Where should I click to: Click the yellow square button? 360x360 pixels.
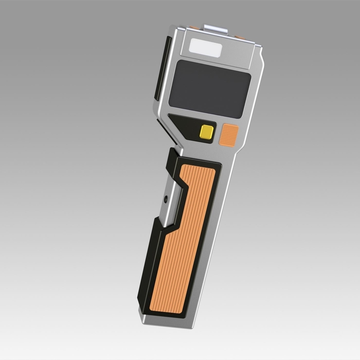[x=207, y=132]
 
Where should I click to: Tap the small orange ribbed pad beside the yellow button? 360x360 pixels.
[x=229, y=135]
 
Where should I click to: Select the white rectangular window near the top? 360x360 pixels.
[x=205, y=48]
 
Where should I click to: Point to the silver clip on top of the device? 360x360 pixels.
[x=216, y=29]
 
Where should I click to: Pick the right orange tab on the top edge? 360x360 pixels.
[x=240, y=37]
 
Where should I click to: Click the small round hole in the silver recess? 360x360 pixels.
[x=166, y=198]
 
